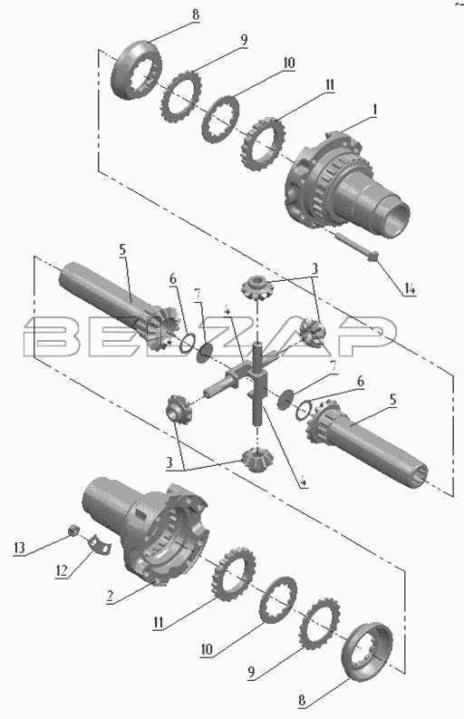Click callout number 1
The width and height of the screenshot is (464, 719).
tap(374, 111)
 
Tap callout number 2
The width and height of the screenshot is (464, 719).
tap(110, 596)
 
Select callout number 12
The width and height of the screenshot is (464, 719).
tap(62, 570)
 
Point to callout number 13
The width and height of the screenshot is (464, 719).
tap(19, 548)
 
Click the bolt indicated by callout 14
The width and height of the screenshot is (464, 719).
tap(356, 248)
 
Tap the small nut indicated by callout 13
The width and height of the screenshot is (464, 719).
tap(72, 530)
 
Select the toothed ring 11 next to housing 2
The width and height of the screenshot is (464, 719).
tap(234, 573)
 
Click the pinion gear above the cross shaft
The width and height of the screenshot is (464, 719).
tap(257, 287)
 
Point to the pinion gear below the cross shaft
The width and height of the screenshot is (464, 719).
tap(256, 460)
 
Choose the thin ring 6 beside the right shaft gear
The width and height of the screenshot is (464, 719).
tap(304, 410)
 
